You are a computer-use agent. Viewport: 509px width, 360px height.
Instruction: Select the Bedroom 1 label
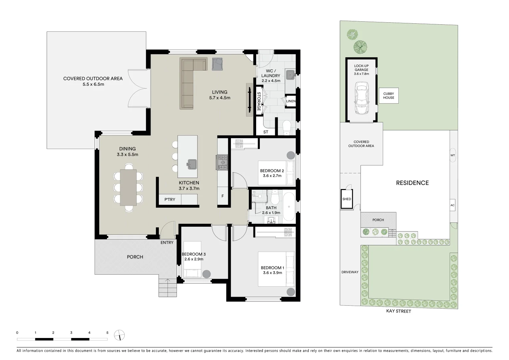(x=272, y=268)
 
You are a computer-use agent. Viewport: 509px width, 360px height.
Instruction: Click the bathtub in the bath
(x=289, y=207)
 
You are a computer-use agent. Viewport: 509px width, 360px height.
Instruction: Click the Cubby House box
(x=388, y=96)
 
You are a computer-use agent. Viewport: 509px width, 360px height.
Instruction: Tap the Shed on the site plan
(x=347, y=199)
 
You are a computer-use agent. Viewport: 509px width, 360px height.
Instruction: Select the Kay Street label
(x=398, y=311)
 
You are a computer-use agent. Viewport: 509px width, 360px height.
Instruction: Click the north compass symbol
(x=119, y=335)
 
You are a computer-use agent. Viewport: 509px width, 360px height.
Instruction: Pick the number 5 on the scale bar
(x=107, y=333)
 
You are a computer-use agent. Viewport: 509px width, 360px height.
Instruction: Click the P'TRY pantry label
(x=170, y=199)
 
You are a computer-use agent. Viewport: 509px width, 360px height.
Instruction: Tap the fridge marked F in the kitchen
(x=223, y=196)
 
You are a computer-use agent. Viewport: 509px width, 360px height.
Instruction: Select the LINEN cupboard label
(x=291, y=101)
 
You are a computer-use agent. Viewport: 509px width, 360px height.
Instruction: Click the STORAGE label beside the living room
(x=259, y=101)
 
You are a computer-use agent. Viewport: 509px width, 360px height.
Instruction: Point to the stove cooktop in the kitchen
(x=223, y=162)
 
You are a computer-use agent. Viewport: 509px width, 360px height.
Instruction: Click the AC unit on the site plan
(x=452, y=205)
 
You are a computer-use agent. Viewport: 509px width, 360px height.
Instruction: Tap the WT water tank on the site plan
(x=452, y=155)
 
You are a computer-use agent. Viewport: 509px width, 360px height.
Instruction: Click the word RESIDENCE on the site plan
(x=412, y=183)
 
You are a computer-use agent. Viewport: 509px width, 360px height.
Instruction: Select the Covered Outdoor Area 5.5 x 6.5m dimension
(x=93, y=84)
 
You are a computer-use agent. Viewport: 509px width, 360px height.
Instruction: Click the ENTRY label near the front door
(x=167, y=242)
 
